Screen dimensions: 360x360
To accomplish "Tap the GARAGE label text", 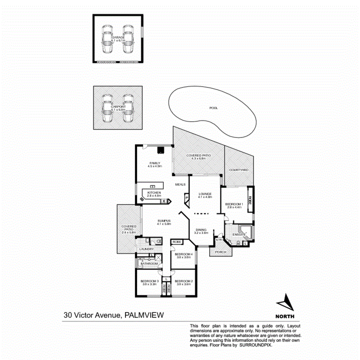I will [x=118, y=37].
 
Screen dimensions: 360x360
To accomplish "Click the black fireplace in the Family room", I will [x=160, y=151].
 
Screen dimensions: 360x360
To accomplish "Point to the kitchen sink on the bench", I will [x=152, y=187].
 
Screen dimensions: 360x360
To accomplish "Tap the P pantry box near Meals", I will [x=186, y=198].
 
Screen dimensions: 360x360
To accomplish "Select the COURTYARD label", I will [x=239, y=170].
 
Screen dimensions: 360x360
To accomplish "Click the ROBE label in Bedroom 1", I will [x=250, y=200].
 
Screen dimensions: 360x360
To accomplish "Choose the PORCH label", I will [x=220, y=252].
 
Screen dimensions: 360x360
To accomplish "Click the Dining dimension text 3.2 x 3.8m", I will [x=201, y=233].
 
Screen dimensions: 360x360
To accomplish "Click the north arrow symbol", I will [x=285, y=302].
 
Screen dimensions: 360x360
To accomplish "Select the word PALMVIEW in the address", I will [x=144, y=315].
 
